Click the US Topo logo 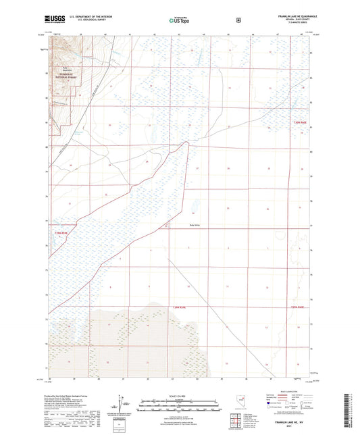click(180, 21)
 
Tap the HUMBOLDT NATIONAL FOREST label click(68, 77)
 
